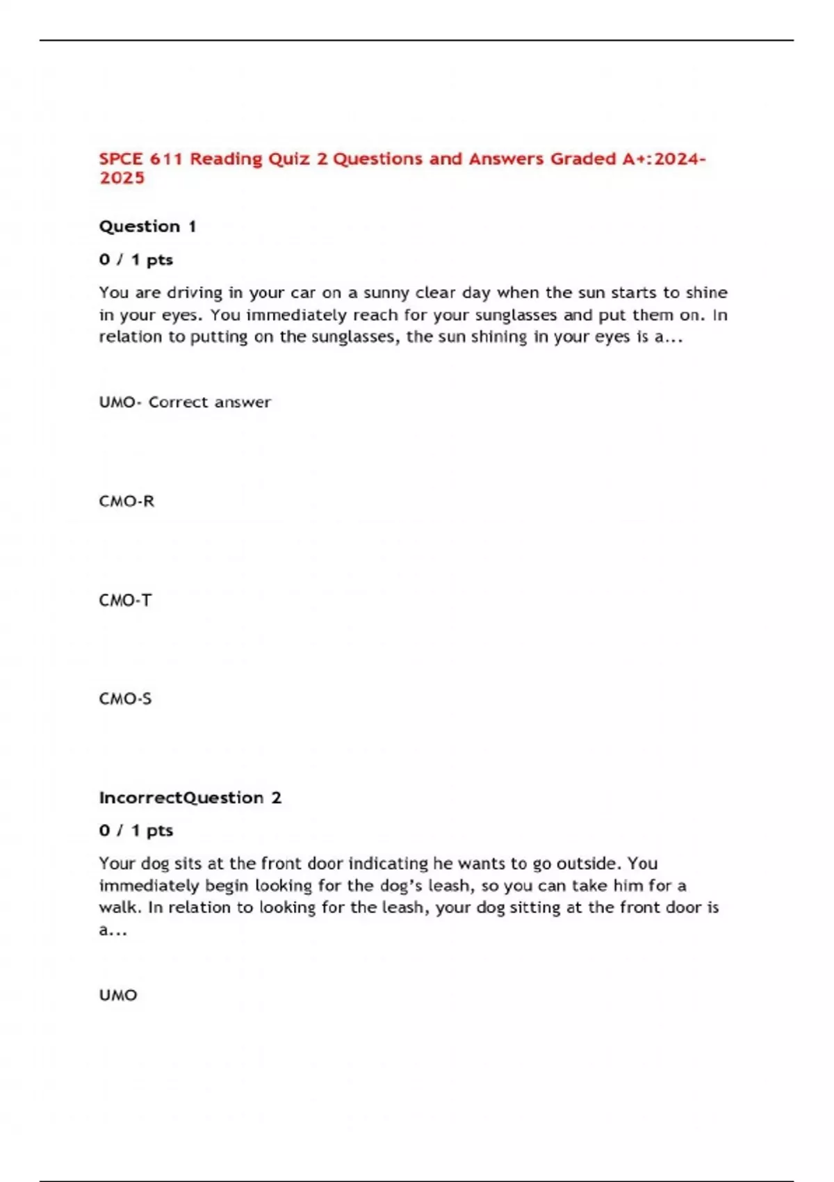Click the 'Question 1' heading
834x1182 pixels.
pos(147,227)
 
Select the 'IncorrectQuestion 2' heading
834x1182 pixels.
pos(190,798)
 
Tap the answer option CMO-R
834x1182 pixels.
pos(126,501)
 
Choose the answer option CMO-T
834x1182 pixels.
pos(125,600)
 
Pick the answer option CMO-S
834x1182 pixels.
pos(125,699)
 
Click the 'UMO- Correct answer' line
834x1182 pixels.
pos(185,402)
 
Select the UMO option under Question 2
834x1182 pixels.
pos(118,995)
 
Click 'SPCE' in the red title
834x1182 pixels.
pos(121,159)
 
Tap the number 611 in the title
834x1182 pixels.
pos(166,159)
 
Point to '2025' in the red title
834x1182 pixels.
pos(122,178)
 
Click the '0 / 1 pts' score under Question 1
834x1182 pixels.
pos(136,260)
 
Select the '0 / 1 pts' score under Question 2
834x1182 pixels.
pos(136,830)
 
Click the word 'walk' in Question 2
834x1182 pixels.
pos(119,907)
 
